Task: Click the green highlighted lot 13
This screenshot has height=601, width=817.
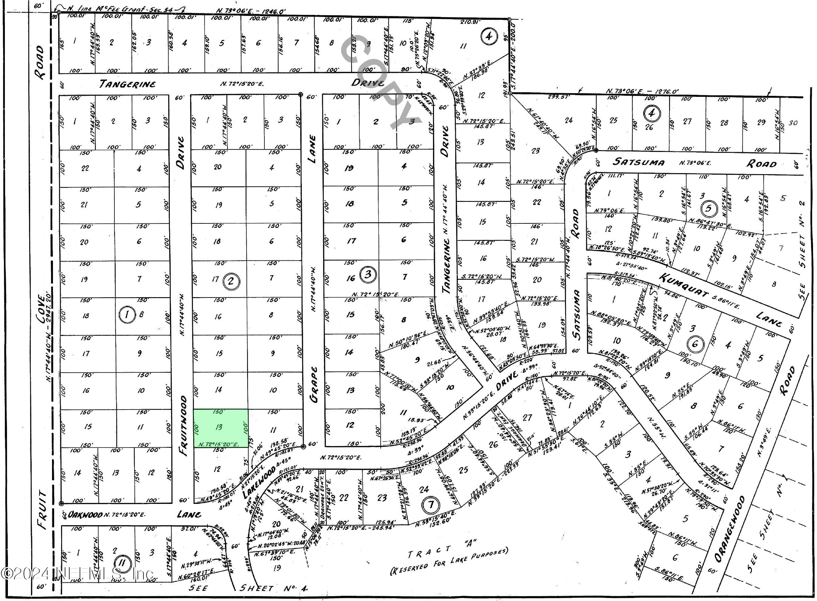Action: pos(221,428)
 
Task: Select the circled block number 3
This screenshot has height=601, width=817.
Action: pos(368,274)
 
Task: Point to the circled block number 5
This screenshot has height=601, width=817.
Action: pos(708,209)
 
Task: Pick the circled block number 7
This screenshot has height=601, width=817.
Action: pos(431,504)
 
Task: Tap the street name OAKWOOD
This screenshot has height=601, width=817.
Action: pos(86,515)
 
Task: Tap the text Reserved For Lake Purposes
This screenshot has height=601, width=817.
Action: pos(449,565)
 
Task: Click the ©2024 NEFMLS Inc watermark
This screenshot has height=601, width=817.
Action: pos(76,574)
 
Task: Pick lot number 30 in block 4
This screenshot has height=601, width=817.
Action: pos(793,123)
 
